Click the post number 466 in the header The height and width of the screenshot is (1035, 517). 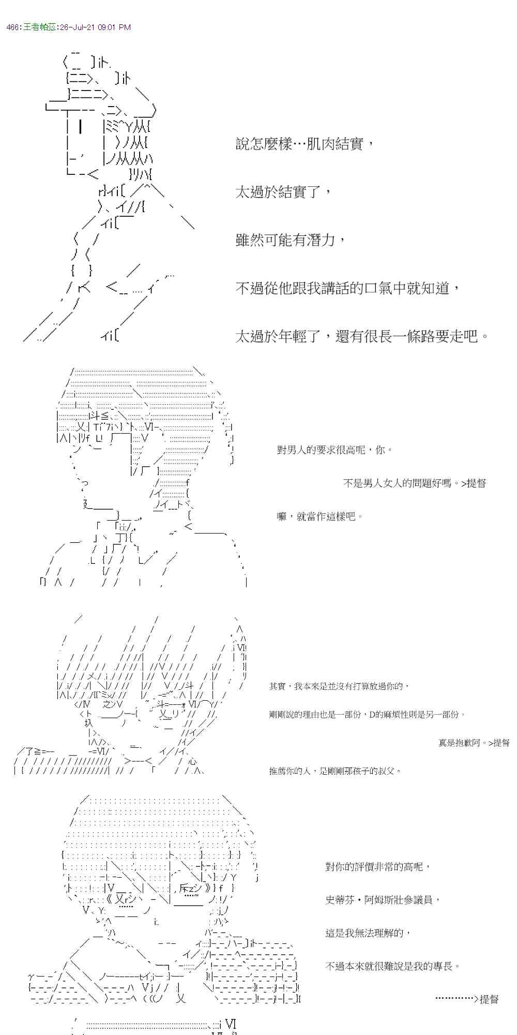pos(13,27)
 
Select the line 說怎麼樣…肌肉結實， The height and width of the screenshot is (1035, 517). pos(304,144)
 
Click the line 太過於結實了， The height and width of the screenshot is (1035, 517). pos(284,193)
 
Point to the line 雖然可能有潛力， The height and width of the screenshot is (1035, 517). pos(291,240)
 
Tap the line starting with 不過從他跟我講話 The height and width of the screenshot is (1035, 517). pos(348,288)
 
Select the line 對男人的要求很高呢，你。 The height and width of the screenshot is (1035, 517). pos(334,450)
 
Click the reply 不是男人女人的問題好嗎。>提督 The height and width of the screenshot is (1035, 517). pos(415,483)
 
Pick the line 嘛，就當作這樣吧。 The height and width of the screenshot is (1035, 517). pos(320,516)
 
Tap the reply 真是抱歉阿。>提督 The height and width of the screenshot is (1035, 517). pos(474,743)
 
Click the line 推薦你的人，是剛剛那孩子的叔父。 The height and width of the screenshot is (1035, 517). pos(335,771)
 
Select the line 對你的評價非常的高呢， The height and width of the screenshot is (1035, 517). pos(377,867)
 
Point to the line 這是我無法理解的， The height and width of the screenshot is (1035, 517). pos(368,933)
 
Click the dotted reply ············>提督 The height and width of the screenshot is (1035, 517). pos(467,999)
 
